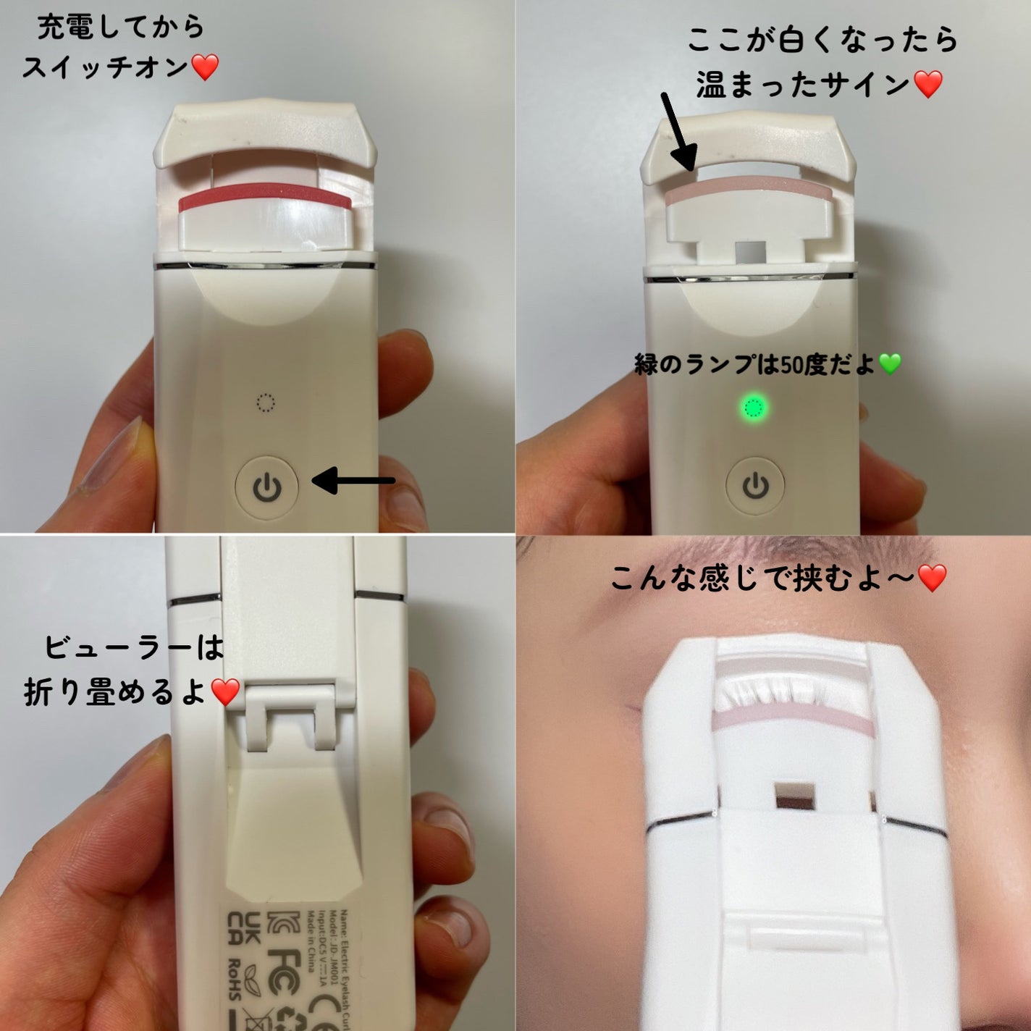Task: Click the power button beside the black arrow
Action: coord(267,487)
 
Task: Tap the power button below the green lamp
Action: coord(756,486)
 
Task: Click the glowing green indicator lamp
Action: coord(754,409)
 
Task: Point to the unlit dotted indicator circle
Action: coord(266,403)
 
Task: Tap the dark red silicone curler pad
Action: coord(264,197)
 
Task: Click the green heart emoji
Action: coord(890,364)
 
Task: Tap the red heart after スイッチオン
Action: coord(205,68)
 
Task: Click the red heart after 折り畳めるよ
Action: coord(225,693)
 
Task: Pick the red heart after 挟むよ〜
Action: coord(932,578)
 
